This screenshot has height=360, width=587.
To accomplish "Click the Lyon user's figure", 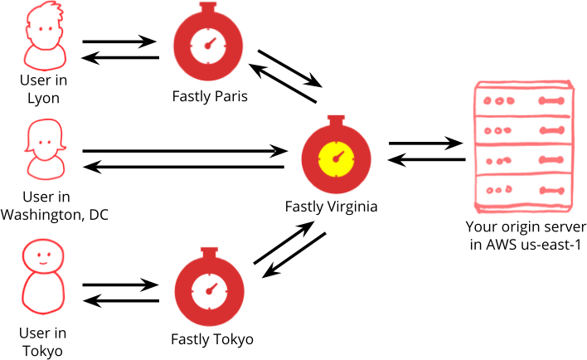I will (45, 36).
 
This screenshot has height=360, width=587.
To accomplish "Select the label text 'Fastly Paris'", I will (211, 97).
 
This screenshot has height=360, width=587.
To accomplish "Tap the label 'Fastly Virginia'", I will (331, 207).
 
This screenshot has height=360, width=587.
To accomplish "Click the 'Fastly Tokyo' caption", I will (211, 339).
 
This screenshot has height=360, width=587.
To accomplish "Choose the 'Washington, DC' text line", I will (55, 215).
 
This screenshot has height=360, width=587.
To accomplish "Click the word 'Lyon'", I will (44, 98).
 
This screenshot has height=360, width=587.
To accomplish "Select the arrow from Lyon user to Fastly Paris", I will (120, 40).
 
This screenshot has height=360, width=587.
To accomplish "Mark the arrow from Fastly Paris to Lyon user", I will (120, 58).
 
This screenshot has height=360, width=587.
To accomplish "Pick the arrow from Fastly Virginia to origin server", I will (424, 143).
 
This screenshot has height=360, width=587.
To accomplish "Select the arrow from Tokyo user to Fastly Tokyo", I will (120, 285).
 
